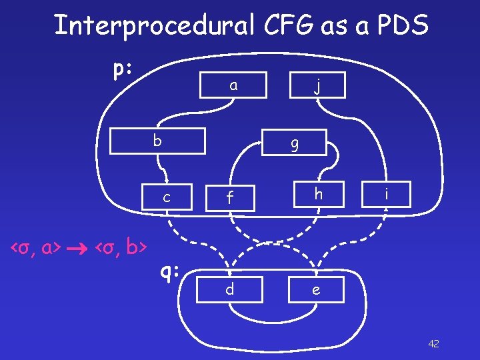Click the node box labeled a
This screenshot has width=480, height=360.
coord(233,85)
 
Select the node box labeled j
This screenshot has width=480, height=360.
coord(319,85)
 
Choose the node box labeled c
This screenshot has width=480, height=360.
coord(166,196)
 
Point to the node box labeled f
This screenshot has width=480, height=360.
coord(229,196)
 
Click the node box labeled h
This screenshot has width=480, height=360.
coord(319,194)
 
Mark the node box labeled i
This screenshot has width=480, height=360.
coord(385,194)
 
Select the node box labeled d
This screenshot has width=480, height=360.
coord(229,290)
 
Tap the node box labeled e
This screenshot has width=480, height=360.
coord(316,290)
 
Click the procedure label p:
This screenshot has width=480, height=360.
coord(121,69)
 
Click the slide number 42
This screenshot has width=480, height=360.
coord(433,343)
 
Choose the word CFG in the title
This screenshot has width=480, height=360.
coord(273,25)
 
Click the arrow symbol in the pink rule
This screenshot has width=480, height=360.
coord(79,249)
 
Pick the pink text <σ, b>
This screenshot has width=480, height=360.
coord(121,249)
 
